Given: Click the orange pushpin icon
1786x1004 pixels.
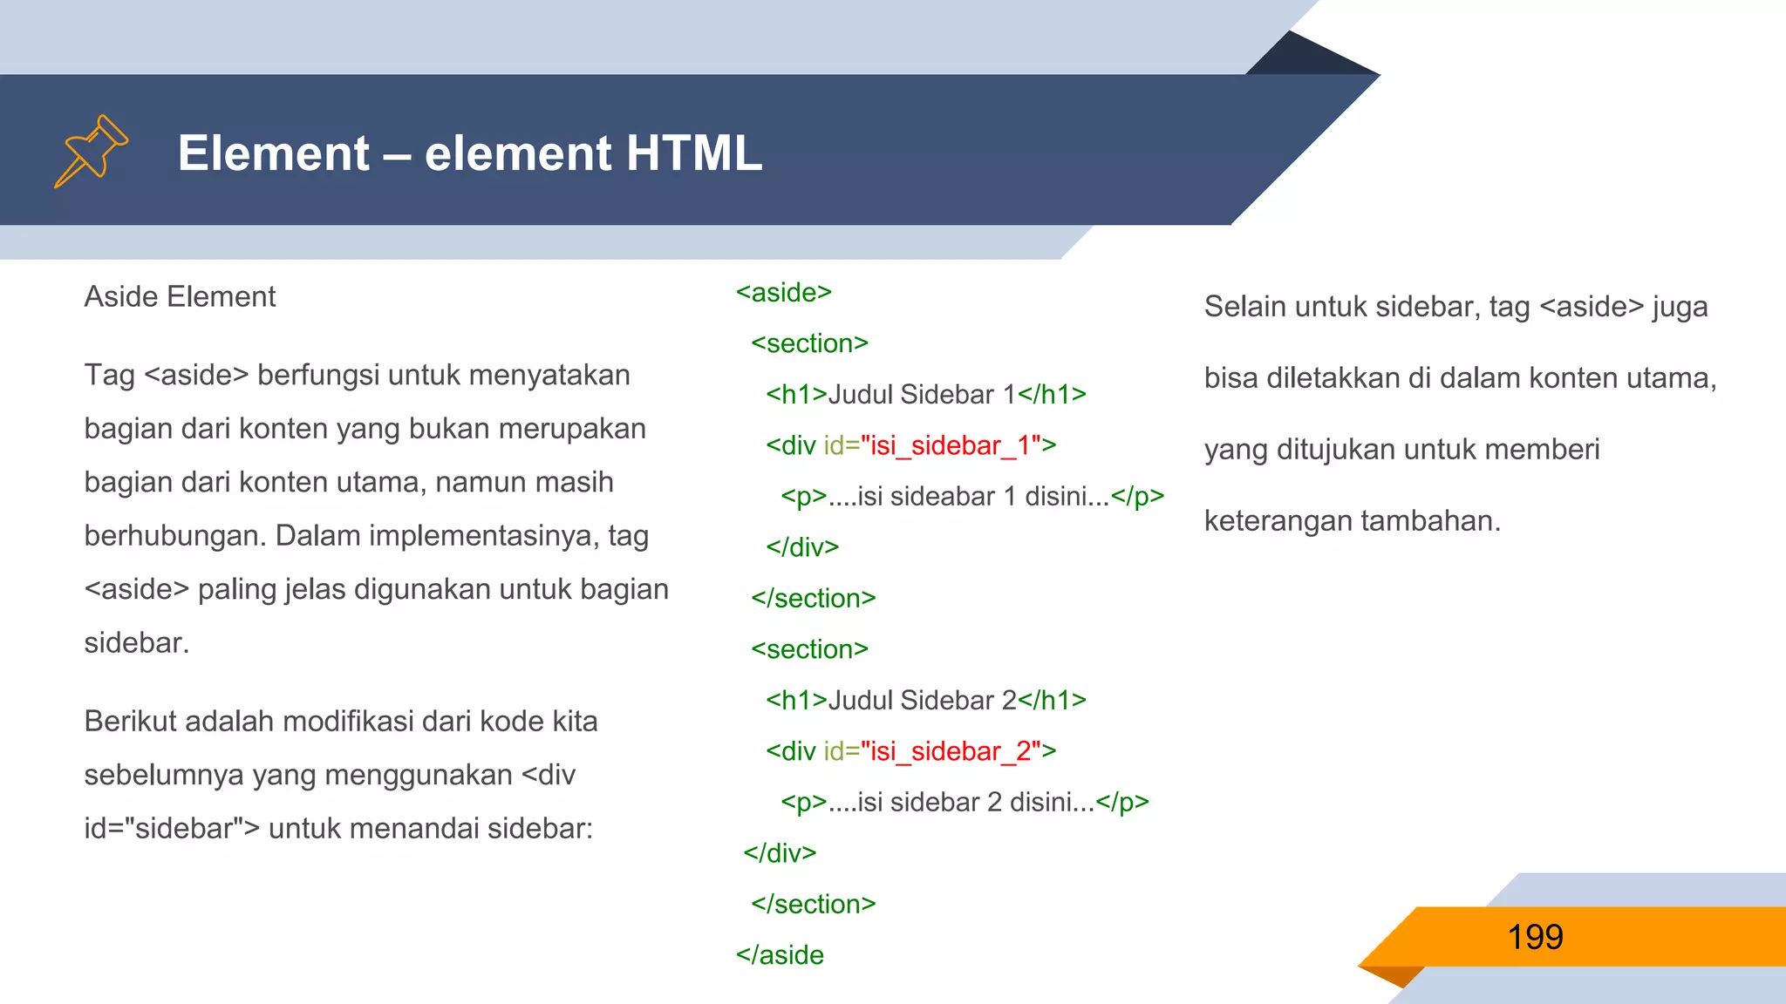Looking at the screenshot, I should [91, 151].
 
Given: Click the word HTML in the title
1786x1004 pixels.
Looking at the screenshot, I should [693, 153].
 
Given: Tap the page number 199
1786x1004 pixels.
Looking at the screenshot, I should [1535, 937].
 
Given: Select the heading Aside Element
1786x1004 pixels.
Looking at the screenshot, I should [180, 297].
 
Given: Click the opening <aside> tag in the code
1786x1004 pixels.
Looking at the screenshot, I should [783, 293].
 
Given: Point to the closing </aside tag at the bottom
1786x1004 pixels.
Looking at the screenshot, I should [780, 955].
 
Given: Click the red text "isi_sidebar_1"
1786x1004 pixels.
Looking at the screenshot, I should [951, 445].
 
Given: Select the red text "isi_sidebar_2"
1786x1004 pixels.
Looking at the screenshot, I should [951, 751].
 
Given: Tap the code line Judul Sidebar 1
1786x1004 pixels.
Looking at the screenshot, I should [925, 395].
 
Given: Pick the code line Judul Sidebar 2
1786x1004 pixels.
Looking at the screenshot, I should [925, 701].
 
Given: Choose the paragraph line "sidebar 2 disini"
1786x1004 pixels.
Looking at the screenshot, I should [965, 803].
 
